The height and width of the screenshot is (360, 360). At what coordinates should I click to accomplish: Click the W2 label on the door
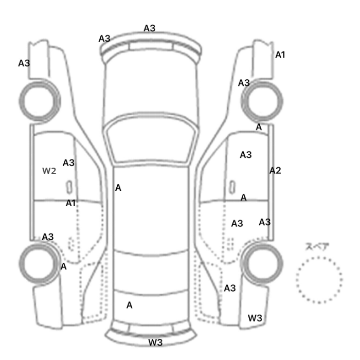click(x=49, y=171)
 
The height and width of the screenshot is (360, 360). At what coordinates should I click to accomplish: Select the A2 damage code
click(x=275, y=171)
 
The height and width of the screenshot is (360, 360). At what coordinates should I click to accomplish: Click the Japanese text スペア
click(x=317, y=246)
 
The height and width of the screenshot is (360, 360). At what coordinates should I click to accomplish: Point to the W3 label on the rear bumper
click(x=155, y=343)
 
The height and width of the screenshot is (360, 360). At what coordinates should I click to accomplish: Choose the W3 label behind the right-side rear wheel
click(x=255, y=318)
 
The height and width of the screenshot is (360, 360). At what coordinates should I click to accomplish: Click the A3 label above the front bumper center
click(x=150, y=28)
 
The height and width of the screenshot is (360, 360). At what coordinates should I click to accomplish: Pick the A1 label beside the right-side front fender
click(x=280, y=55)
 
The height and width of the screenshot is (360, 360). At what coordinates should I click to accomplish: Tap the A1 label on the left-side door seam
click(x=70, y=203)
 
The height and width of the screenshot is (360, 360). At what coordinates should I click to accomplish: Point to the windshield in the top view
click(x=150, y=138)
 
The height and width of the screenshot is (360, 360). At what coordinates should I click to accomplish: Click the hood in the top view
click(x=151, y=89)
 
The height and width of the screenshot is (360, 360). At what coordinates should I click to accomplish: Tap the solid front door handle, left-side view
click(x=69, y=187)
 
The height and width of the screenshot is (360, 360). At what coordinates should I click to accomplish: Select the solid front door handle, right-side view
click(x=232, y=187)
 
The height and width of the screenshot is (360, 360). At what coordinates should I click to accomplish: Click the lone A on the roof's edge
click(x=118, y=188)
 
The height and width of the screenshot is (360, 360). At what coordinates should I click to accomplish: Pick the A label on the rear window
click(x=129, y=305)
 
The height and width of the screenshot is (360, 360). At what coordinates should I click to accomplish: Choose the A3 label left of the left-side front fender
click(x=24, y=63)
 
